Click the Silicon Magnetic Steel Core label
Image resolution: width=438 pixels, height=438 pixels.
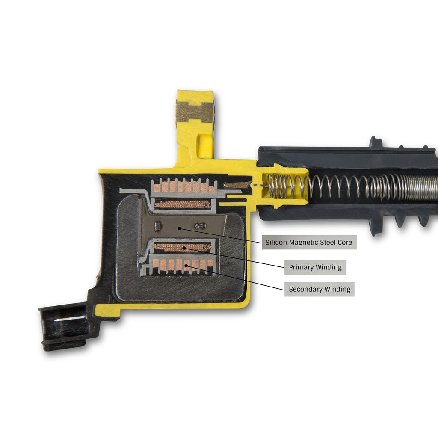tap(309, 242)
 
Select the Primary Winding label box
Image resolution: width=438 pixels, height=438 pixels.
tap(315, 267)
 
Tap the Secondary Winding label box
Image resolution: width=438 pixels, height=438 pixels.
tap(319, 289)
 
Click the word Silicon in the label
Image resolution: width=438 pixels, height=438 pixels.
tap(276, 242)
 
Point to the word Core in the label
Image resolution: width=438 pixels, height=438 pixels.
tap(345, 242)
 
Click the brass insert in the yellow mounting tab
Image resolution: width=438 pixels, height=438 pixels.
tap(195, 112)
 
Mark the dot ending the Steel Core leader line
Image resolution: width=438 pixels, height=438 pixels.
tap(179, 228)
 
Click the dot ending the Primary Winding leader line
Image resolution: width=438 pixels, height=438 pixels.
tap(184, 248)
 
